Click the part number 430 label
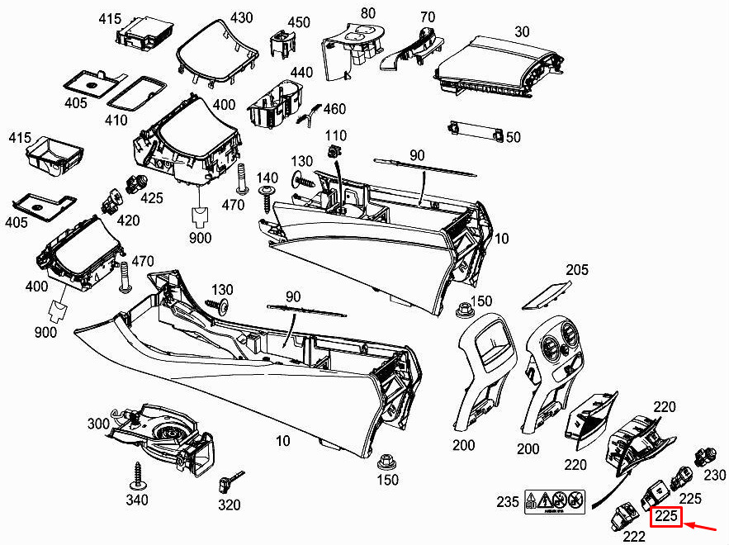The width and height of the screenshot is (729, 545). pos(219,17)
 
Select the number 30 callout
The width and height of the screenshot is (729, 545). pos(522,31)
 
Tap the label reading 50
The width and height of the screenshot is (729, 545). pos(513,136)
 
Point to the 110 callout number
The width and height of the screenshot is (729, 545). pos(336,135)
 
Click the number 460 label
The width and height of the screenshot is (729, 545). pos(334,109)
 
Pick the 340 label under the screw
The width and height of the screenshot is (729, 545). pos(137,500)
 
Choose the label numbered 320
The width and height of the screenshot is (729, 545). pos(229,505)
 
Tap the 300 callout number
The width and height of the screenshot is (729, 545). pos(99,424)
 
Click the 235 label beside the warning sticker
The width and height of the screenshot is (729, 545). pos(508,501)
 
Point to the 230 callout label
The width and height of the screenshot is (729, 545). pos(715,475)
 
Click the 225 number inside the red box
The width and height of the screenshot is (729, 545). pos(666,518)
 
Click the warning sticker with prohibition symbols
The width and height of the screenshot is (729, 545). pos(555,500)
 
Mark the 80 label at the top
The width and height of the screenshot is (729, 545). pos(368,14)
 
